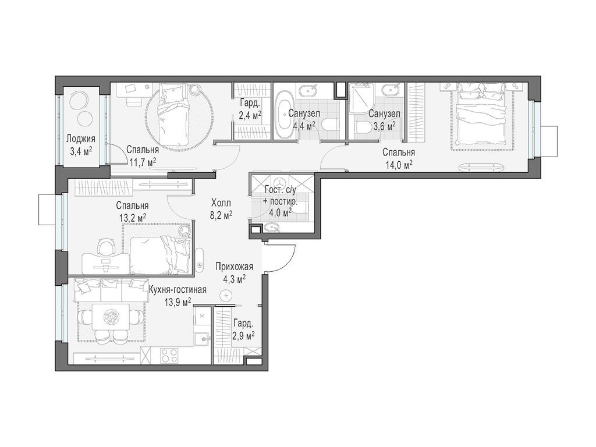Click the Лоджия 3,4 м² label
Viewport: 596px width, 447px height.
click(80, 145)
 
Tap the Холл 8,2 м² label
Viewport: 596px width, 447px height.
click(222, 209)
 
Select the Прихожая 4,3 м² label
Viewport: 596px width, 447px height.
click(234, 273)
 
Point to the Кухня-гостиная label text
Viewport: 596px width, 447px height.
click(178, 290)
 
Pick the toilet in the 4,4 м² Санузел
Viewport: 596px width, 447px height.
click(330, 125)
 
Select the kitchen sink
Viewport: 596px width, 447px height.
click(202, 338)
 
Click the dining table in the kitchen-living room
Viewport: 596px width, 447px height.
click(111, 317)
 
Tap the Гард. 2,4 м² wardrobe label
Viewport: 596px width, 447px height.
click(250, 109)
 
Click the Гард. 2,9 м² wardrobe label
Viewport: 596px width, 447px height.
click(244, 330)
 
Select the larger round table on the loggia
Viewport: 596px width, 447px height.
click(80, 101)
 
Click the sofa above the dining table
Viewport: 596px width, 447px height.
click(110, 288)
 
